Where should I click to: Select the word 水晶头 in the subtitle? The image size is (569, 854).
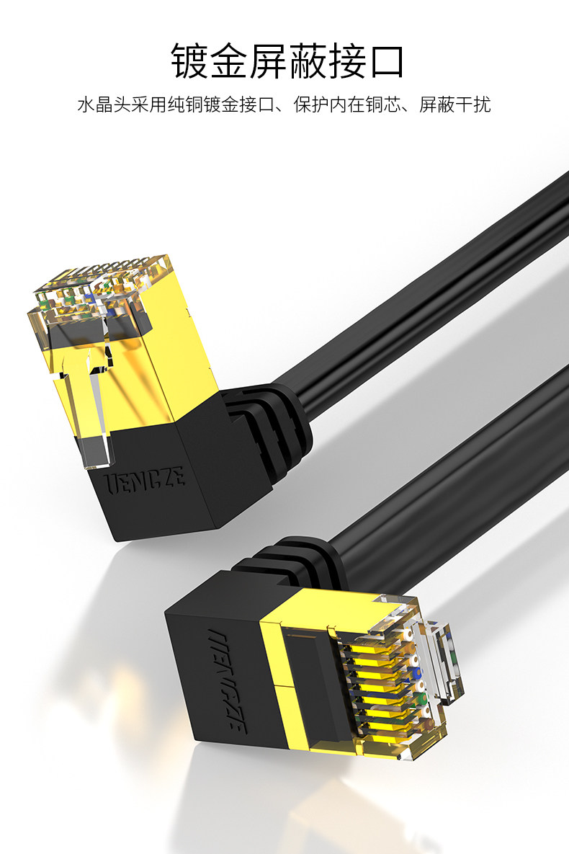click(104, 104)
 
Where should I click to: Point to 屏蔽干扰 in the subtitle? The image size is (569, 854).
click(455, 104)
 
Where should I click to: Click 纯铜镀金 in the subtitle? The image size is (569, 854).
click(203, 104)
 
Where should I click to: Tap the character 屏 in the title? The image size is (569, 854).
click(267, 61)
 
